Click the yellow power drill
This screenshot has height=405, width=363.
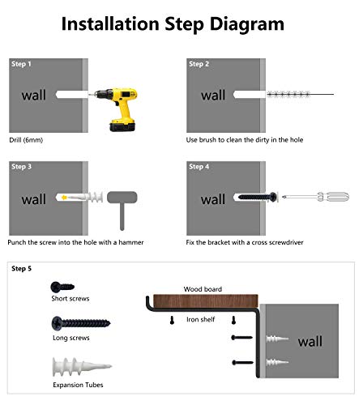120,108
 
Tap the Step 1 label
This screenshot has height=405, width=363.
21,64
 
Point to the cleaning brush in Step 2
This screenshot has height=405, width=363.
300,94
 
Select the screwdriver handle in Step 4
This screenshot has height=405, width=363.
334,197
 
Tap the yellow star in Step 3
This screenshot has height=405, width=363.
64,198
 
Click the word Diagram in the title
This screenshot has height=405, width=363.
247,24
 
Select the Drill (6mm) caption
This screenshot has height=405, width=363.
26,140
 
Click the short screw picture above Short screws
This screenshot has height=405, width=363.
62,287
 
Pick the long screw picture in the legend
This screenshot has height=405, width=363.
81,323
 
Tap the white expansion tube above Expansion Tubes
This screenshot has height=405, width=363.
82,367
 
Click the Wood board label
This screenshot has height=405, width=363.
203,289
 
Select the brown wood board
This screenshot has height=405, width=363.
206,301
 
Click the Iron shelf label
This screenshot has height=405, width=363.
201,319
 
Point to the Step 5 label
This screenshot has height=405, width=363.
21,269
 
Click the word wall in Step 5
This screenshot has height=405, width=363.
310,341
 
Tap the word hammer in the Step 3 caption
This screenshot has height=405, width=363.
131,242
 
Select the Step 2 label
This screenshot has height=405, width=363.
199,64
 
